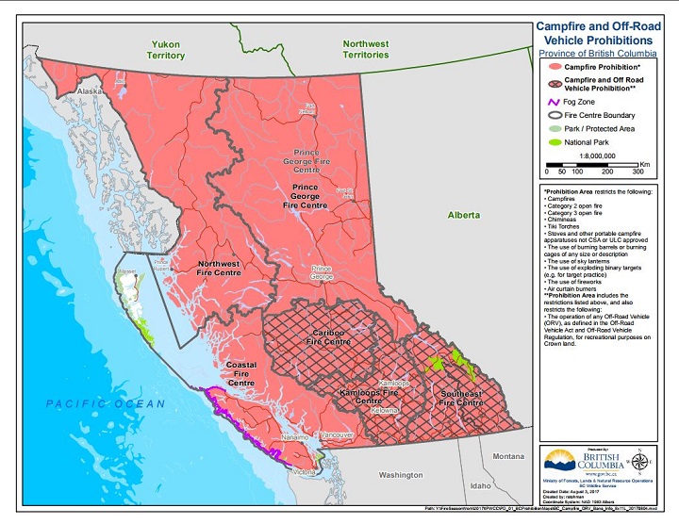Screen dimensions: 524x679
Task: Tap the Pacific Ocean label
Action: click(106, 403)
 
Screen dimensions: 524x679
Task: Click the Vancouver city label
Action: click(336, 434)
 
